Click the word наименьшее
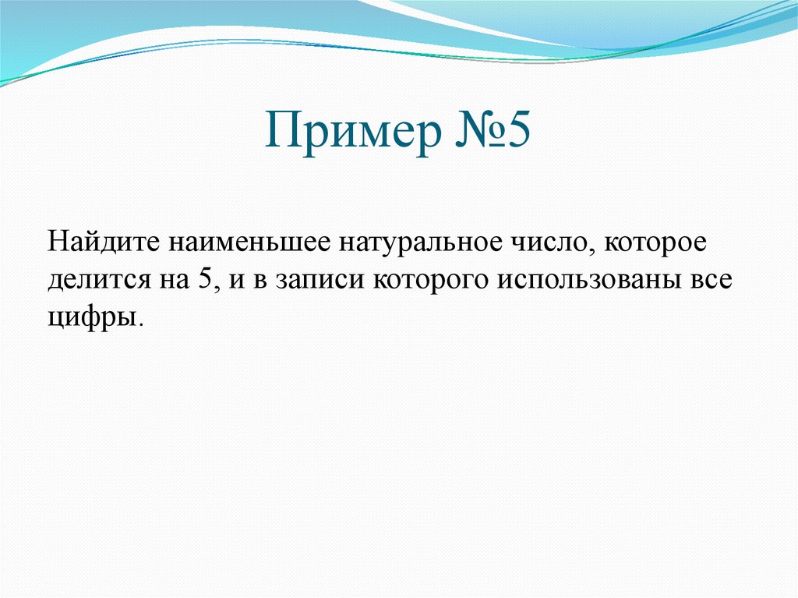tap(242, 242)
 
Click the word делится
tap(92, 279)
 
